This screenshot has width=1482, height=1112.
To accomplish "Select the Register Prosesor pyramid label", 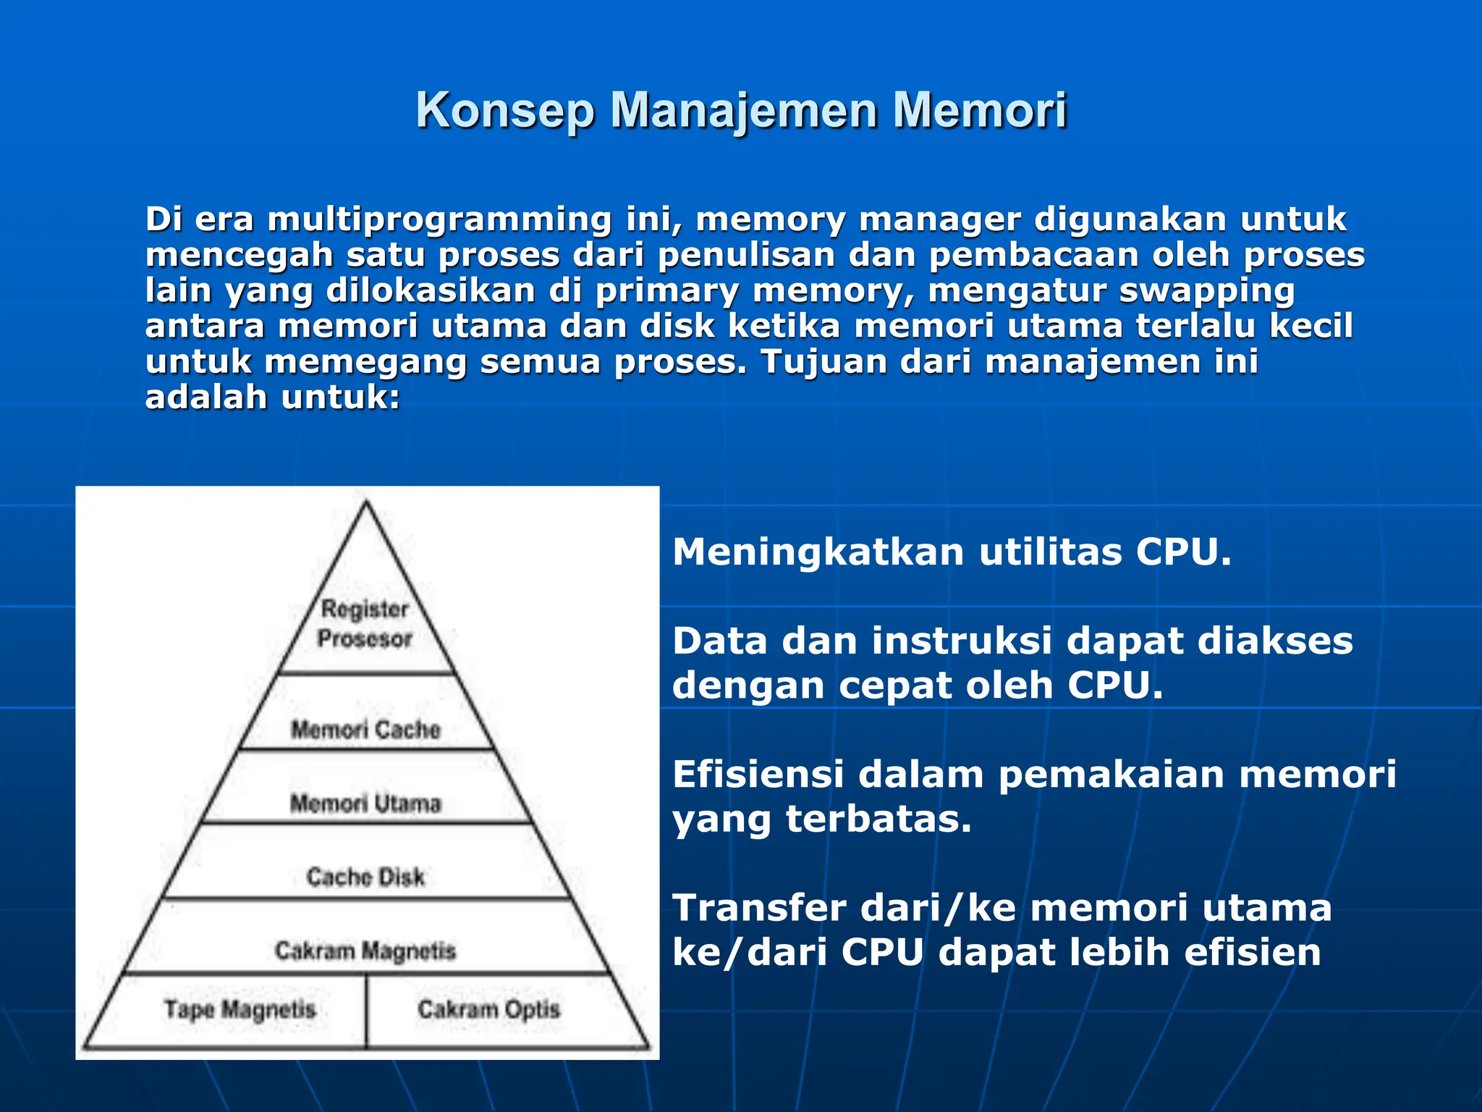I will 365,624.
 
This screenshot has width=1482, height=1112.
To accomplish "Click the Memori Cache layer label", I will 365,730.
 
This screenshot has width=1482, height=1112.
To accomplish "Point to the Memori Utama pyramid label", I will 365,804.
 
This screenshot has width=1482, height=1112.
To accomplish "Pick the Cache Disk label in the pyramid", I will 365,877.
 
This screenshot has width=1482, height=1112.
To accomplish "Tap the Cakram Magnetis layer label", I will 365,951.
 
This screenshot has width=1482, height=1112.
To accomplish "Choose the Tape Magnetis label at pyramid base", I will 240,1009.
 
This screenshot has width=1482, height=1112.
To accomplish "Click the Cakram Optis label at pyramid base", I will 489,1009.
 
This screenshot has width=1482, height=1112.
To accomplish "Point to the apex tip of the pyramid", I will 366,502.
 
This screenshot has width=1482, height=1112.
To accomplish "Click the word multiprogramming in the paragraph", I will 439,219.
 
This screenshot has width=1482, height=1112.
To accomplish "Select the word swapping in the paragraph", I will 1206,291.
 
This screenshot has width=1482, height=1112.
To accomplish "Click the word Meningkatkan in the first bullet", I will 818,553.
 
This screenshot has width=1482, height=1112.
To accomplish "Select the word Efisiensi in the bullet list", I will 758,775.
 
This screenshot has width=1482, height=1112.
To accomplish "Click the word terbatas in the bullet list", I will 878,820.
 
